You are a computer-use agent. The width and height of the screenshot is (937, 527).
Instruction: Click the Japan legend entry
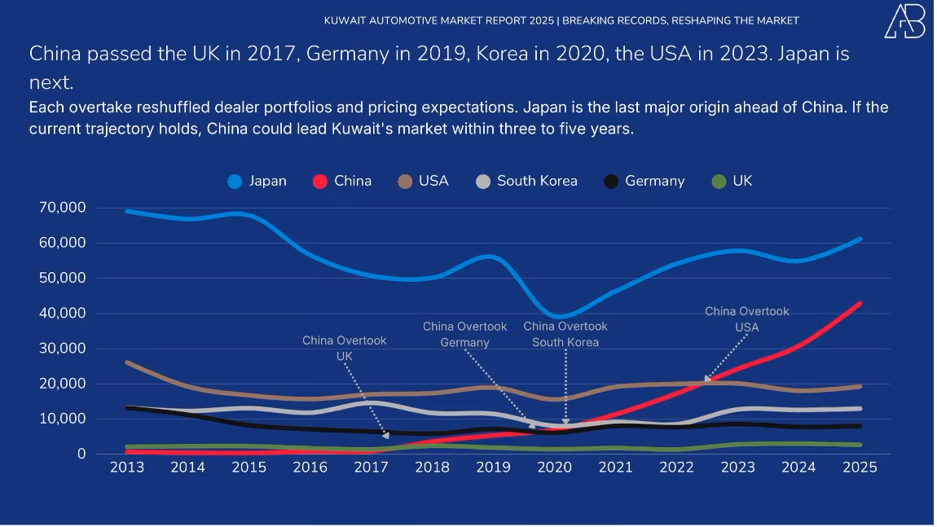(257, 181)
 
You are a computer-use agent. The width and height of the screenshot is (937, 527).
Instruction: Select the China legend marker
(320, 182)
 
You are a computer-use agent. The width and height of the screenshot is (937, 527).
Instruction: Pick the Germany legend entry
(644, 181)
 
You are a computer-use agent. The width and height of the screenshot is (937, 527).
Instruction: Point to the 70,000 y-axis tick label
(62, 208)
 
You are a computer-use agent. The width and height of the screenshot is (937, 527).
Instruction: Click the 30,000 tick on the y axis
(62, 349)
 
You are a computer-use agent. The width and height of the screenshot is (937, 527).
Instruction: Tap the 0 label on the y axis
(81, 454)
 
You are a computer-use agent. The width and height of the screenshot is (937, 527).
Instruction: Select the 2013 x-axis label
(127, 468)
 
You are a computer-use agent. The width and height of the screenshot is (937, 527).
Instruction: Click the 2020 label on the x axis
(554, 468)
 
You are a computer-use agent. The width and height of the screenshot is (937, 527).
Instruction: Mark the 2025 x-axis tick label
(860, 468)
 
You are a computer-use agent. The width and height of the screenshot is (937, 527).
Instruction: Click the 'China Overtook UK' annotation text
(345, 348)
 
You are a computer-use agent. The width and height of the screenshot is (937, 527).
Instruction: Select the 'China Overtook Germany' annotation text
(464, 334)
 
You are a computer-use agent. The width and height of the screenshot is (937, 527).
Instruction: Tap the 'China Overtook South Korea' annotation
(565, 334)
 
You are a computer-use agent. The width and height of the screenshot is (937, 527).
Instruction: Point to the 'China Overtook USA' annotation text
(746, 318)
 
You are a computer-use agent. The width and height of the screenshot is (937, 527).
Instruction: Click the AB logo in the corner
(904, 21)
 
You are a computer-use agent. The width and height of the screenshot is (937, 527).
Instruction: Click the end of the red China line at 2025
(860, 304)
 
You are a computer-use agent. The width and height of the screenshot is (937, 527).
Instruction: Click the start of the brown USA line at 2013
(128, 362)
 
